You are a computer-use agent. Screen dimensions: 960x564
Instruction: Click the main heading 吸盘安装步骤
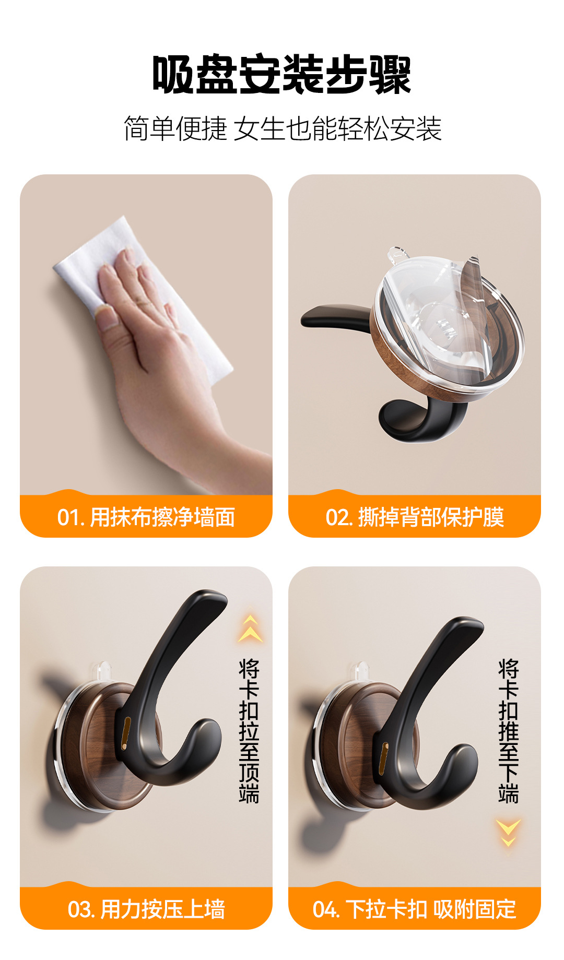click(282, 75)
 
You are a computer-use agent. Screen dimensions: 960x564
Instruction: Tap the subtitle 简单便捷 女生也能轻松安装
click(282, 129)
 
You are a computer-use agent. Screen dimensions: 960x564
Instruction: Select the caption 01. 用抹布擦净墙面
click(146, 517)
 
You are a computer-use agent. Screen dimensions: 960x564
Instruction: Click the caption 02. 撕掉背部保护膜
click(414, 517)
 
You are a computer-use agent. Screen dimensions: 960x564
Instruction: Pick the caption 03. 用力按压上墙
click(146, 909)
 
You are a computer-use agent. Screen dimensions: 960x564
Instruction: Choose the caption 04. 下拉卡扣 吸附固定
click(414, 909)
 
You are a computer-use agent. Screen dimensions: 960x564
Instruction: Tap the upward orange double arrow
click(250, 629)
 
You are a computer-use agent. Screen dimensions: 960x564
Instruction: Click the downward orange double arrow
click(508, 832)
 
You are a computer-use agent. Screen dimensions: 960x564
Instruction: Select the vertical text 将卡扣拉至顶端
click(249, 731)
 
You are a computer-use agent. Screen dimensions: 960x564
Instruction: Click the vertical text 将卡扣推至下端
click(508, 731)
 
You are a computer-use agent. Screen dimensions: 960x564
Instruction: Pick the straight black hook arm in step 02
click(334, 316)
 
